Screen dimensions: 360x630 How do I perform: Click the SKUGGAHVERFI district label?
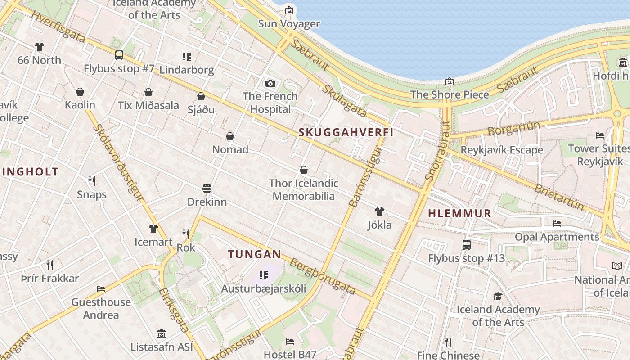346,132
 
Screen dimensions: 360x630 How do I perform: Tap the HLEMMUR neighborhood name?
459,214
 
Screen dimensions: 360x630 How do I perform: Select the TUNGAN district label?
254,254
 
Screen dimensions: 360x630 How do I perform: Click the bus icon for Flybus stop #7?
119,55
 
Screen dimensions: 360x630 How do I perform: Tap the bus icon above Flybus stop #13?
467,245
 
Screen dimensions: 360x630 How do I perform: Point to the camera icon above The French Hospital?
270,83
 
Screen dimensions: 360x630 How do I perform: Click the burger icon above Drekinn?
207,188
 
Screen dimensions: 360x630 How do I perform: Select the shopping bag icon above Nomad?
230,136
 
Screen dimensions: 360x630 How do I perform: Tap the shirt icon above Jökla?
379,211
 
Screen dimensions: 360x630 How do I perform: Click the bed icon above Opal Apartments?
557,223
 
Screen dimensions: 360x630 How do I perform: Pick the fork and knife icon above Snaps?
92,181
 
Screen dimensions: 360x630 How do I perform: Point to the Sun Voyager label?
289,24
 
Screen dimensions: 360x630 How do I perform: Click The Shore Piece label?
450,95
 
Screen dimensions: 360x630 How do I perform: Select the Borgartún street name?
513,129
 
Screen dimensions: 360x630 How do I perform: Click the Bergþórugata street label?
323,276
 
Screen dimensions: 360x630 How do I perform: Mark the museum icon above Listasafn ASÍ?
162,334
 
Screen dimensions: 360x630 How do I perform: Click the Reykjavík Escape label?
502,150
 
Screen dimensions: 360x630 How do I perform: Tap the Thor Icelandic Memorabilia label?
304,189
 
